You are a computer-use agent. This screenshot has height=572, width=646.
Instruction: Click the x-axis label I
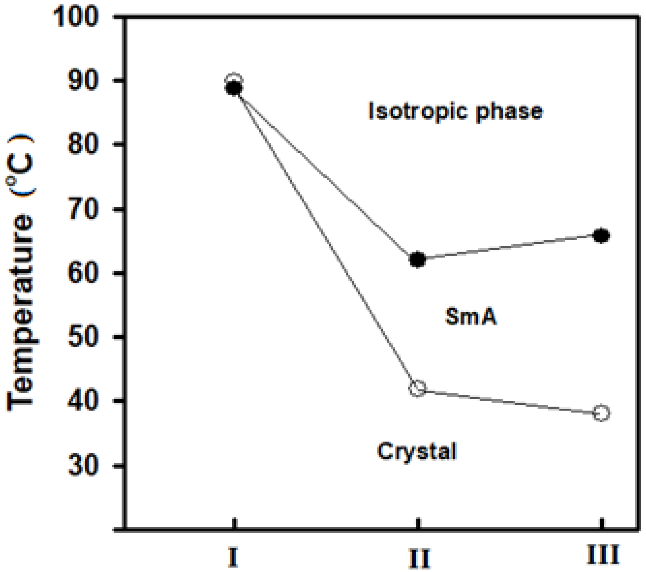[x=233, y=558]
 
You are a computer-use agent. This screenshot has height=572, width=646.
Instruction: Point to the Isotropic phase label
[x=455, y=111]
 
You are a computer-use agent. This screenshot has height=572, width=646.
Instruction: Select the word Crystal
[x=417, y=451]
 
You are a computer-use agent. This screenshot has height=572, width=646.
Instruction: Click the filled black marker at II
[x=417, y=260]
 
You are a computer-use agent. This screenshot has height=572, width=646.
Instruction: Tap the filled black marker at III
[x=601, y=236]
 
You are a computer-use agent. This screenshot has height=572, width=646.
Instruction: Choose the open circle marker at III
[x=601, y=413]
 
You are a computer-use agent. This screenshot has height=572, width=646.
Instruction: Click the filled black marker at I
[x=234, y=88]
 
